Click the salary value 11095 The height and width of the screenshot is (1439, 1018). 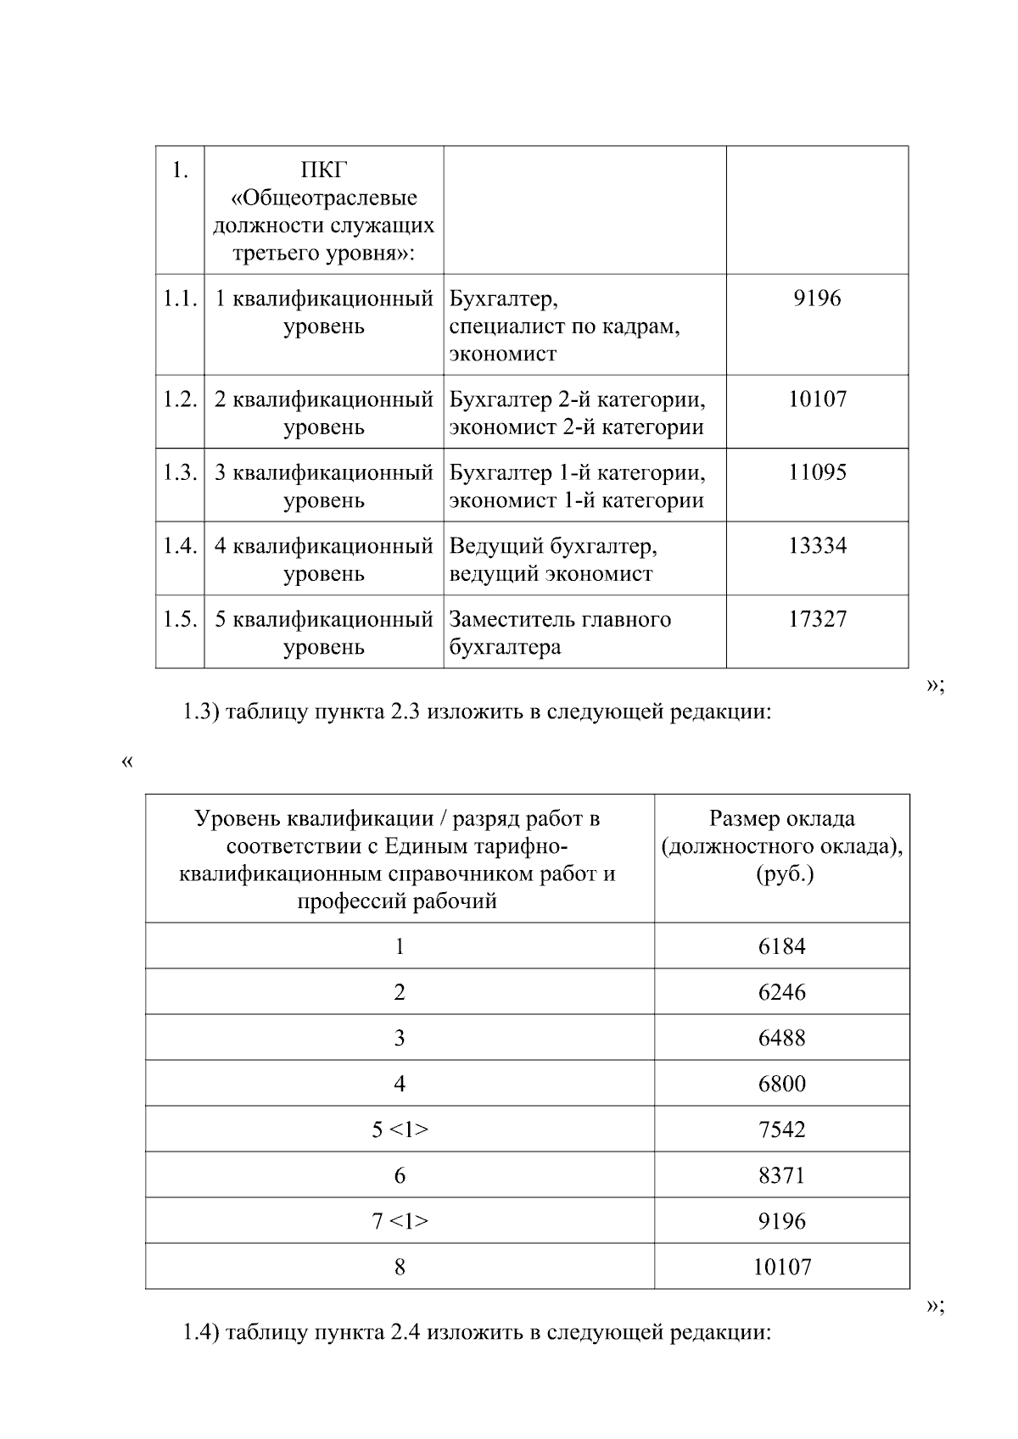tap(817, 472)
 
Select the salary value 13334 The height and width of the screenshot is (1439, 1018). tap(817, 545)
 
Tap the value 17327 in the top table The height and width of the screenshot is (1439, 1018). tap(817, 619)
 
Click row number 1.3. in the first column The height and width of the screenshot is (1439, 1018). tap(180, 472)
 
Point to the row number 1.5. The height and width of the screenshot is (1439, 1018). tap(180, 619)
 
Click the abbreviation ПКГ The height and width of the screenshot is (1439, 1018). tap(324, 170)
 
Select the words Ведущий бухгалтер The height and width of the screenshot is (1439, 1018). tap(552, 545)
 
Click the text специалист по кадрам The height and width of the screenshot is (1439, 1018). tap(564, 326)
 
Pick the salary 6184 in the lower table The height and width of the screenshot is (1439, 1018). tap(781, 946)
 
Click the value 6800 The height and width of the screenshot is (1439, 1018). tap(781, 1084)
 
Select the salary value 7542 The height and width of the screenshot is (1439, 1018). tap(781, 1129)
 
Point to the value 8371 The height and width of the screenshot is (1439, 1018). tap(781, 1175)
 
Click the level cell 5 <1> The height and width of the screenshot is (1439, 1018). tap(400, 1129)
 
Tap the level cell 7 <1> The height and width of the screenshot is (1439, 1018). tap(400, 1221)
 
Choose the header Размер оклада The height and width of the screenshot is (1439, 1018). tap(781, 818)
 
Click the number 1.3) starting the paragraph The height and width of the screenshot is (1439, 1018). tap(201, 712)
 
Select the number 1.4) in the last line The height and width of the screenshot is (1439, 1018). tap(201, 1333)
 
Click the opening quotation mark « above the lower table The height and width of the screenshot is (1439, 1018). tap(127, 761)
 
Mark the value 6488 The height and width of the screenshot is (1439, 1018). tap(781, 1038)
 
